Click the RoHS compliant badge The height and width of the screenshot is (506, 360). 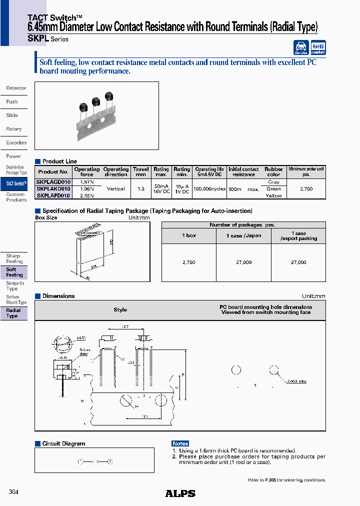click(x=318, y=47)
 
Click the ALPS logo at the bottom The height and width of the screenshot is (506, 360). click(x=180, y=493)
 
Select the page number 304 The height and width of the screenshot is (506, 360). click(x=13, y=492)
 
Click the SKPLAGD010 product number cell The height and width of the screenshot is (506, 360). click(x=53, y=182)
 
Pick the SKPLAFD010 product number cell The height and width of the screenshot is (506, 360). click(x=53, y=195)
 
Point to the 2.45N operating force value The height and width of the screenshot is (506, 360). click(x=87, y=195)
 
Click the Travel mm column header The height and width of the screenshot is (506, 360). click(x=141, y=171)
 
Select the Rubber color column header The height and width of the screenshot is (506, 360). click(x=273, y=171)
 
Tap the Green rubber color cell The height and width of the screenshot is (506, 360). click(x=273, y=189)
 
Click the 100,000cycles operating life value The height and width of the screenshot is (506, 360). click(x=209, y=189)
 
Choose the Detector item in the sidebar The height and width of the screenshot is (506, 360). click(x=16, y=88)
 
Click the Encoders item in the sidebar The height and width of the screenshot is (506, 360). click(x=16, y=142)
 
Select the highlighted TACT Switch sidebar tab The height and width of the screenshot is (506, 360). click(x=16, y=183)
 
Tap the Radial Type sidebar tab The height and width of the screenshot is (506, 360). click(x=13, y=313)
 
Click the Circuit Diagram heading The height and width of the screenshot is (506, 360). click(x=63, y=443)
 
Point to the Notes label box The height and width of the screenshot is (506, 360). click(x=180, y=443)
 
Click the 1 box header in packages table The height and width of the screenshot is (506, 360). click(x=189, y=235)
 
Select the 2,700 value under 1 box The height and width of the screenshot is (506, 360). click(x=189, y=262)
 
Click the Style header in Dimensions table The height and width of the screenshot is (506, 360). click(x=120, y=310)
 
